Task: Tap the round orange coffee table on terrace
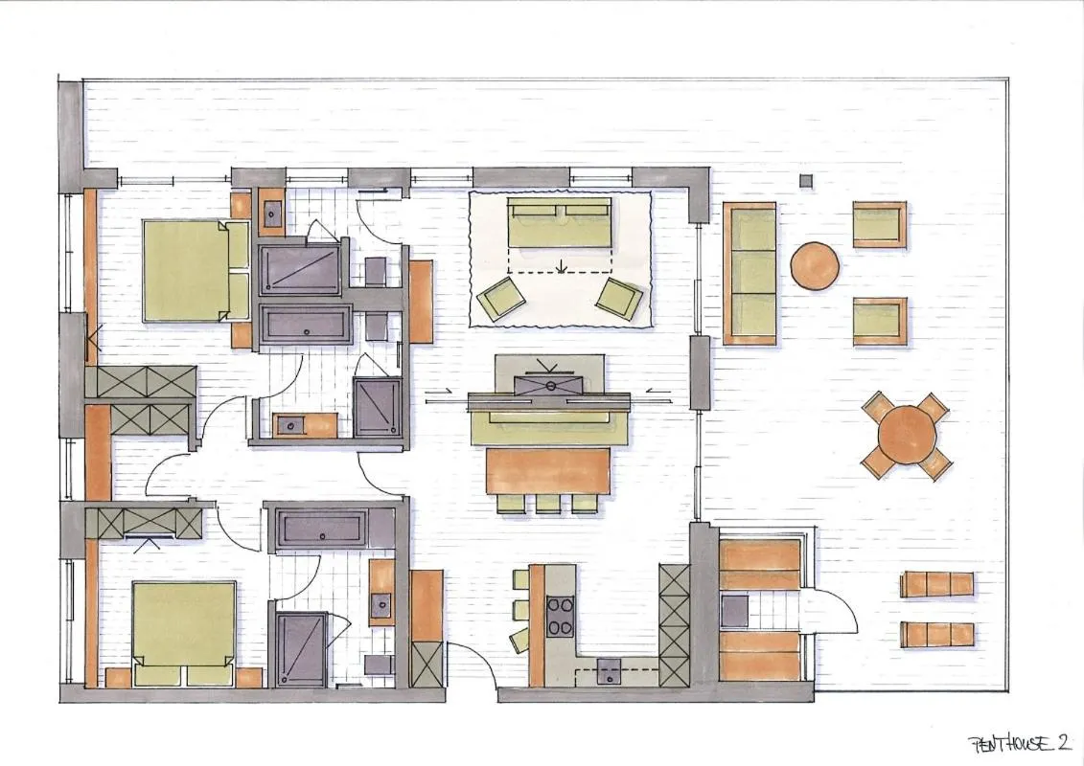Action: tap(815, 265)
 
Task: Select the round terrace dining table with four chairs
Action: tap(907, 435)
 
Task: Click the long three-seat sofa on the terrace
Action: tap(749, 273)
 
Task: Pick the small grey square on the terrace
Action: tap(805, 180)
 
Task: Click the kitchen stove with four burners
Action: tap(560, 615)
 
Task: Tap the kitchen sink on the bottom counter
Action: tap(607, 673)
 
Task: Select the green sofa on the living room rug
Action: tap(559, 223)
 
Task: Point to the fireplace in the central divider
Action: tap(550, 385)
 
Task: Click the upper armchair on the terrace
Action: tap(879, 224)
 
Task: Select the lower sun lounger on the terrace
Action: tap(936, 634)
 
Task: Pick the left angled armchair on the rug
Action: tap(501, 300)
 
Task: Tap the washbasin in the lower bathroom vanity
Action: tap(381, 602)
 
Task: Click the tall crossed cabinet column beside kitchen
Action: tap(674, 624)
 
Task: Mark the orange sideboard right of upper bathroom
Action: tap(421, 301)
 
